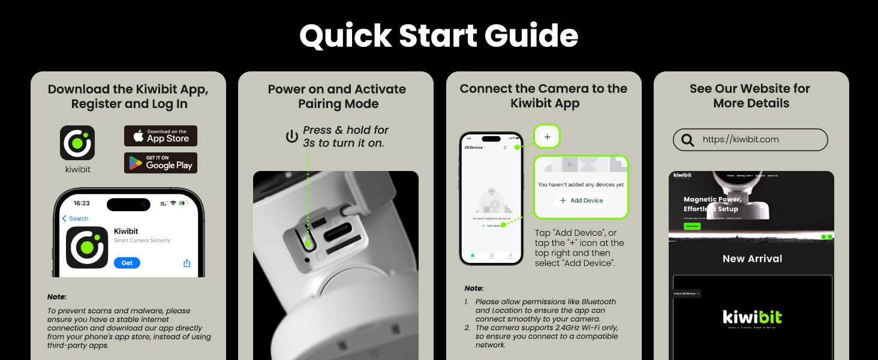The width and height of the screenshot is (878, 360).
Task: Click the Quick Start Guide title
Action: [x=438, y=36]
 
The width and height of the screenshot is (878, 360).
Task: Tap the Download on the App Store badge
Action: [x=161, y=136]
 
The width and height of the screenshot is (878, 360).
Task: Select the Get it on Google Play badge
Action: [x=161, y=163]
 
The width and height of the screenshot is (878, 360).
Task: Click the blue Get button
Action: [x=127, y=263]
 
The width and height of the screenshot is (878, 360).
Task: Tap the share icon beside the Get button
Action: [x=187, y=263]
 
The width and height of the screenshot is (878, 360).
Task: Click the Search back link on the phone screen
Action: [x=76, y=219]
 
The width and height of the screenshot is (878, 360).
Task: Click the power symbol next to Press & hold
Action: [x=292, y=137]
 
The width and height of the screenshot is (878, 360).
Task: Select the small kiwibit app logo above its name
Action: [x=77, y=143]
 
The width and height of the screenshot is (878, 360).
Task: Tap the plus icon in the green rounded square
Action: [x=547, y=137]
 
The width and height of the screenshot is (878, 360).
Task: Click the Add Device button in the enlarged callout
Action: [x=581, y=200]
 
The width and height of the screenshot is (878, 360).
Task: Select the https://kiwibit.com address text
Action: [x=741, y=139]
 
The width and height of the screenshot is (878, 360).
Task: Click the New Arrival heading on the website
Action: [x=752, y=259]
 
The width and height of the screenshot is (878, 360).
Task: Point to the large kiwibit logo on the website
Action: [x=752, y=316]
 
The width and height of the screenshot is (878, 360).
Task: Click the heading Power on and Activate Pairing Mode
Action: [x=336, y=97]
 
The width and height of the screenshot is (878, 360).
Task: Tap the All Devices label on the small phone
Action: [x=474, y=147]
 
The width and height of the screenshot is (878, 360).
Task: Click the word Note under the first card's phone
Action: [x=57, y=297]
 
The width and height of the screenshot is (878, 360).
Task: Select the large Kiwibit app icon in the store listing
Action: [x=87, y=247]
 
